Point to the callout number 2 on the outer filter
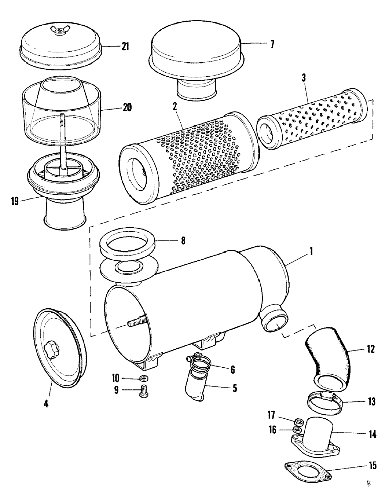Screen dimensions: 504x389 [175, 107]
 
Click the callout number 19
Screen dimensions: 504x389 [15, 201]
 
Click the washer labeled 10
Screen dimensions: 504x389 [144, 379]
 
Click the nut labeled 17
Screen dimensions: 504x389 [298, 421]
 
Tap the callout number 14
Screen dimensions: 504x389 [372, 433]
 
